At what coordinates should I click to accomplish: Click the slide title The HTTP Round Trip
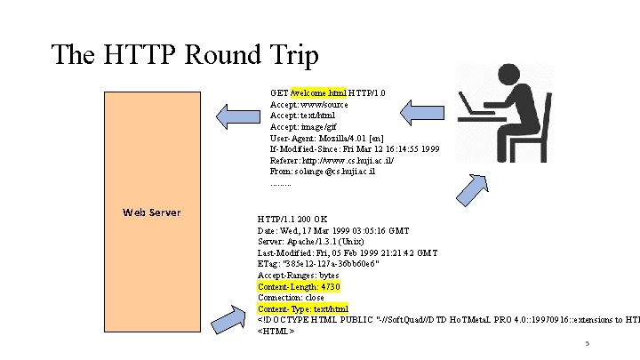coord(184,55)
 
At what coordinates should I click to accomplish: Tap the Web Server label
coord(152,212)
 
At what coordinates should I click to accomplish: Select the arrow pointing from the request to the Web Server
coord(237,113)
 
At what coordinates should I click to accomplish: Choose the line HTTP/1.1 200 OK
coord(292,219)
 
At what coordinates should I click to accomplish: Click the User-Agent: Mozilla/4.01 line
coord(327,137)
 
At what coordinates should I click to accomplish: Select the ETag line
coord(305,264)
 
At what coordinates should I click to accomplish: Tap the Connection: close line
coord(291,298)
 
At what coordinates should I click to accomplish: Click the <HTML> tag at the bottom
coord(276,331)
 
